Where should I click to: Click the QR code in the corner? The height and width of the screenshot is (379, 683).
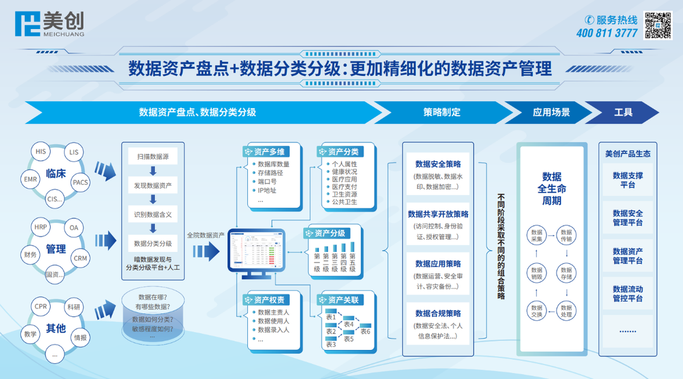click(x=658, y=25)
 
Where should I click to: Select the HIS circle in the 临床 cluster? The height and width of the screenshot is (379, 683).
click(x=41, y=152)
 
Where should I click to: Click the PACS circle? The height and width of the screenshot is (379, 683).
click(x=80, y=182)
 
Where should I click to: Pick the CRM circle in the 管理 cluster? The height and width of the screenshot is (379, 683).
click(x=80, y=258)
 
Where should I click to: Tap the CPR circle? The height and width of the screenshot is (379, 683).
click(x=41, y=306)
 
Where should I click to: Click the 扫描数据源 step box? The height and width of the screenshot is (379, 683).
click(x=152, y=156)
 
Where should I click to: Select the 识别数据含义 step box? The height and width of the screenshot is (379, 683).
click(x=152, y=214)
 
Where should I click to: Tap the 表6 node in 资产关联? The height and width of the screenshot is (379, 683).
click(x=365, y=332)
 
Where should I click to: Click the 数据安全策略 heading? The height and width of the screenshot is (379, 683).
click(x=438, y=165)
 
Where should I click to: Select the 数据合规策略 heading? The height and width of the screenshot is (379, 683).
click(x=438, y=313)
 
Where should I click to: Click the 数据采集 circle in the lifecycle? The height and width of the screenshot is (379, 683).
click(x=537, y=235)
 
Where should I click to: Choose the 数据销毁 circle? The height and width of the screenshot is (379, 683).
click(x=537, y=273)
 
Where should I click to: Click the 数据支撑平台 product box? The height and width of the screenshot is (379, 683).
click(x=627, y=180)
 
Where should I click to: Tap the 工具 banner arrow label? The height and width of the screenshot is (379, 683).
click(x=623, y=113)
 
